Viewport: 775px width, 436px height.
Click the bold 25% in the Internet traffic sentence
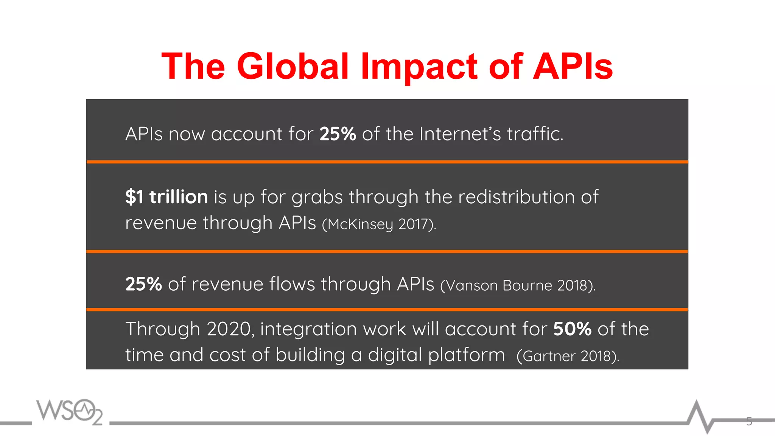338,134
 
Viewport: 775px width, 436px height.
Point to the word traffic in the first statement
535,134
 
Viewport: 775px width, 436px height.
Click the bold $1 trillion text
167,197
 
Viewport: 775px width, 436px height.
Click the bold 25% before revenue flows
143,284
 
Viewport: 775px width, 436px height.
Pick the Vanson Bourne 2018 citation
518,285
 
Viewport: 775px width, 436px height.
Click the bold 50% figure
572,329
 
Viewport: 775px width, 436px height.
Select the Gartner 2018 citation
568,356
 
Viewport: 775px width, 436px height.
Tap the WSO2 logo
70,411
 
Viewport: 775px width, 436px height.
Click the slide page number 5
749,421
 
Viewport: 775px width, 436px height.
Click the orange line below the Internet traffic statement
387,162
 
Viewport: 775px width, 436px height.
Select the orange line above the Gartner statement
387,310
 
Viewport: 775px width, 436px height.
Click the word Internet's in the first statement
460,134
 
